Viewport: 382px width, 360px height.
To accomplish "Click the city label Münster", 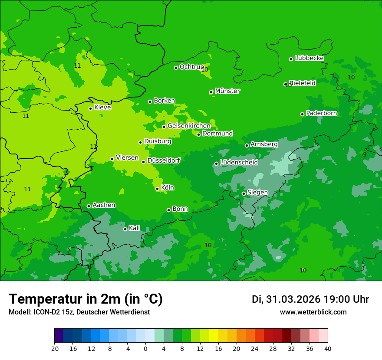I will click(227, 91).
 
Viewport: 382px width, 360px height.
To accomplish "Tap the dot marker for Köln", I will click(157, 189).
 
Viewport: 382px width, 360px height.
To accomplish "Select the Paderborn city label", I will click(321, 113).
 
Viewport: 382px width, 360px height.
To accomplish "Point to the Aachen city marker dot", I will click(89, 206).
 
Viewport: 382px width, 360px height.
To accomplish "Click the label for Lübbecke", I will click(309, 58).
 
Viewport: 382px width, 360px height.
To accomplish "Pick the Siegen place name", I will click(257, 193).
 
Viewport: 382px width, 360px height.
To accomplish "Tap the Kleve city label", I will click(102, 108).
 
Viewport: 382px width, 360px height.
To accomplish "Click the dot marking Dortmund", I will click(198, 134).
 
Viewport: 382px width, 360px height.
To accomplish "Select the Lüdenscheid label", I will click(239, 163).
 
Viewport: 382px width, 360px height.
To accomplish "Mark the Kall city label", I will click(134, 228).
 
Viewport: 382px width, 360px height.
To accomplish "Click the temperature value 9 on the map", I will click(365, 154).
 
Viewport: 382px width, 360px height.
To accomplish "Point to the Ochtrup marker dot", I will click(176, 68).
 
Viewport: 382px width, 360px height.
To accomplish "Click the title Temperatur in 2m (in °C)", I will click(86, 299).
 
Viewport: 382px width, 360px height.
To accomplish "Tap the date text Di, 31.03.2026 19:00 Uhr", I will click(310, 299).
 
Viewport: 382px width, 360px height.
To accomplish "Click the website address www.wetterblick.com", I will click(313, 312).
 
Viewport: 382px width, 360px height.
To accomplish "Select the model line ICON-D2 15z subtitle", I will click(79, 312).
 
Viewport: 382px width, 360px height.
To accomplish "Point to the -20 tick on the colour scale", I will click(54, 348).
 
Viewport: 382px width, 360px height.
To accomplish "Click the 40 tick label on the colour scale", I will click(328, 348).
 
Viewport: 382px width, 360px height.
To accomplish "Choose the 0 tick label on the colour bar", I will click(145, 348).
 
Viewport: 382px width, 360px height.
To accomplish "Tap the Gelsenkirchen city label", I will click(189, 126).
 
